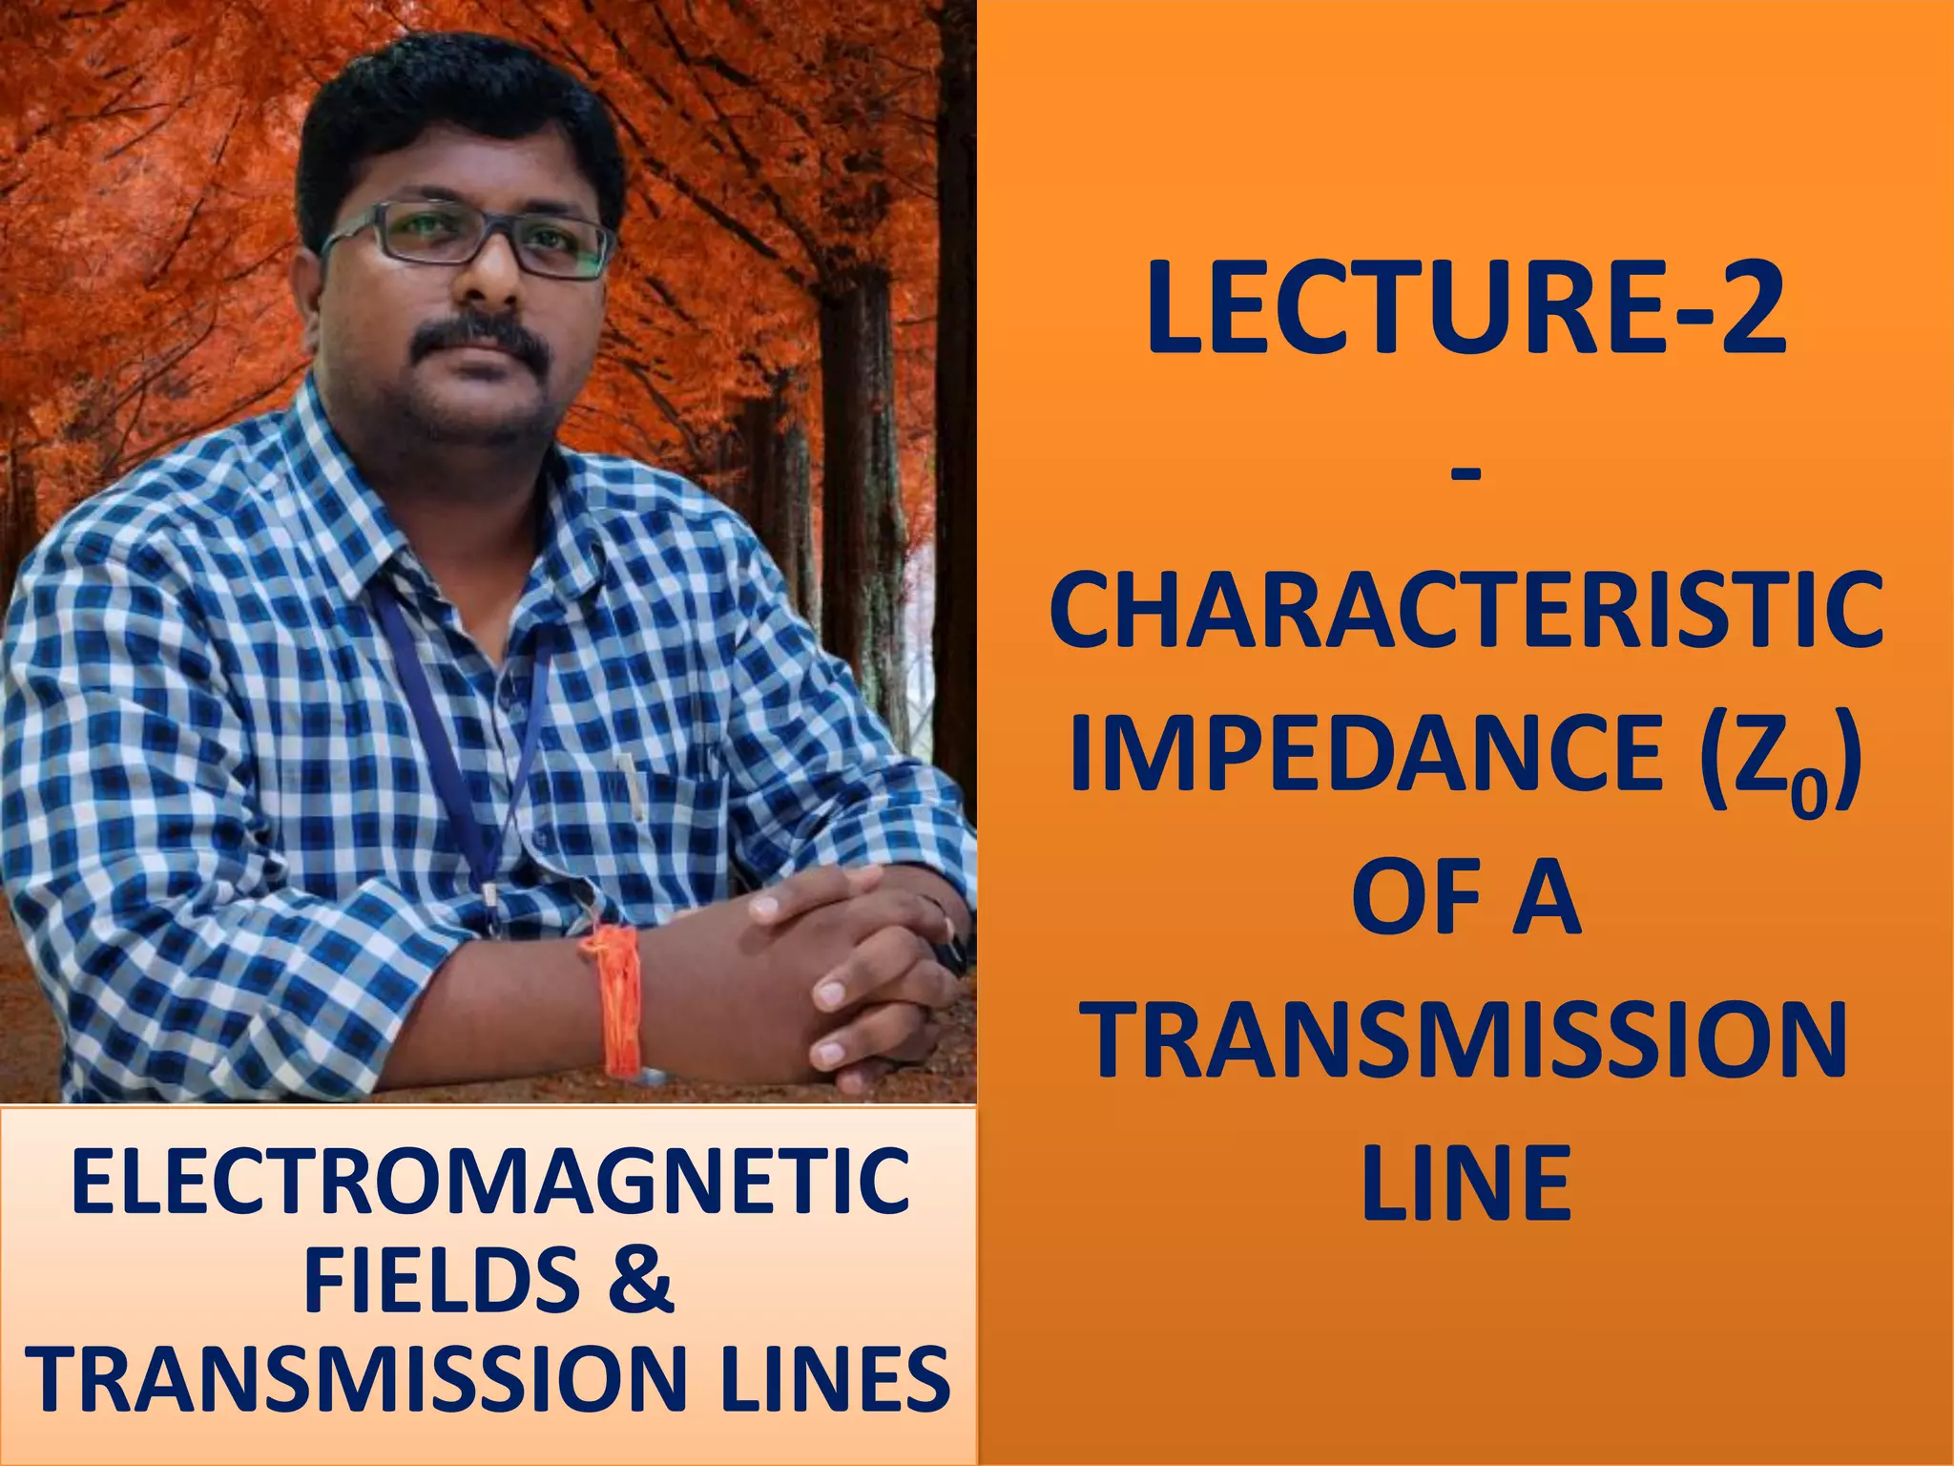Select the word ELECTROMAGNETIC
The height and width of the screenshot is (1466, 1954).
pos(489,1182)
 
